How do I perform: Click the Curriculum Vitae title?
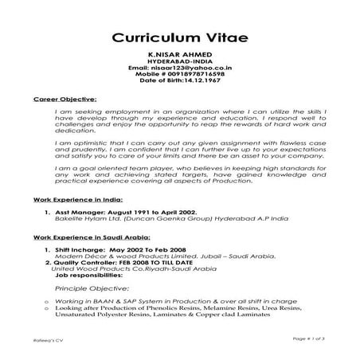point(179,37)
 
